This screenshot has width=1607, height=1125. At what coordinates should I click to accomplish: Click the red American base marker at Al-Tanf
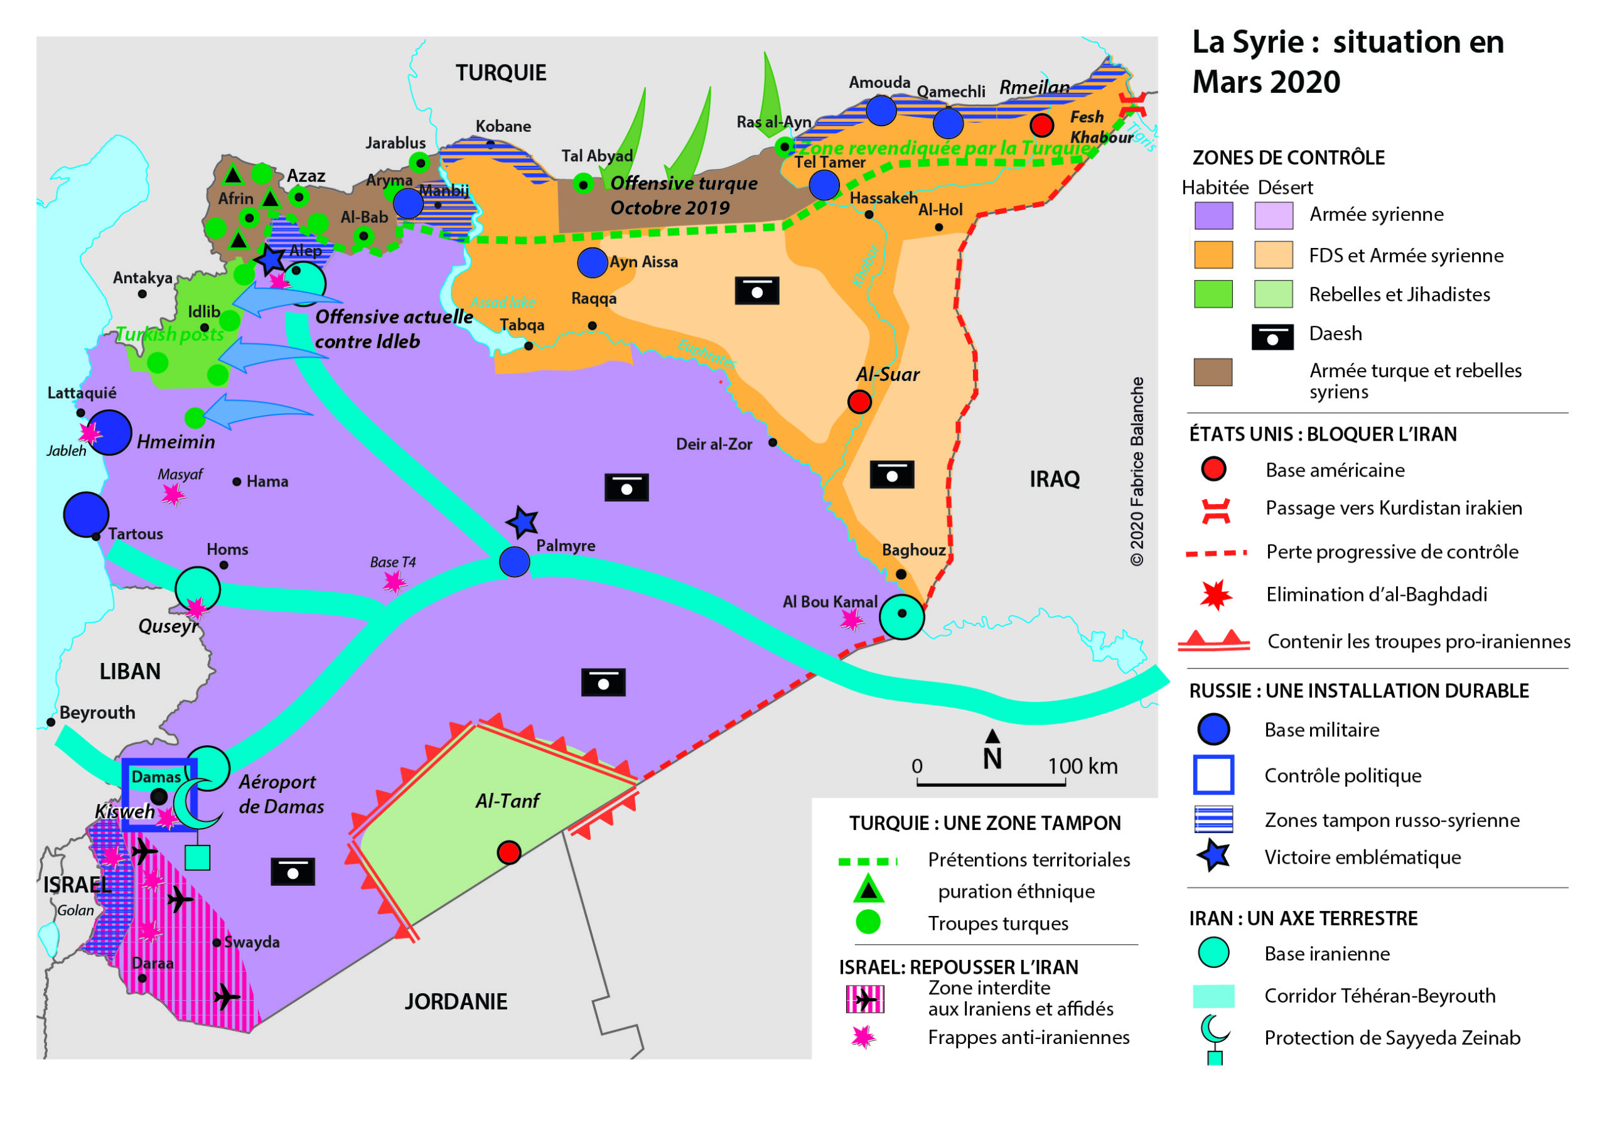click(x=509, y=853)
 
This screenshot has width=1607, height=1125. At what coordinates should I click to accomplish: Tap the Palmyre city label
click(x=566, y=546)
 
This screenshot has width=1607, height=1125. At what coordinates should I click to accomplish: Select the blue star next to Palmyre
click(x=522, y=522)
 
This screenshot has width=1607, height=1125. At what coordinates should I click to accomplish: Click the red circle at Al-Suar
click(x=859, y=402)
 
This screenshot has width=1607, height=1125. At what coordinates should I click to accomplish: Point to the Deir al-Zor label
click(x=714, y=444)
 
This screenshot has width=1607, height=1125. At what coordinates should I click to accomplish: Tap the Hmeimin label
click(x=176, y=442)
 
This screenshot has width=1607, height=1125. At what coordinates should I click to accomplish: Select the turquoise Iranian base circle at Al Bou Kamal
click(x=901, y=616)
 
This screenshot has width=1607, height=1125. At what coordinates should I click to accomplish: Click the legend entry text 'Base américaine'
click(x=1335, y=470)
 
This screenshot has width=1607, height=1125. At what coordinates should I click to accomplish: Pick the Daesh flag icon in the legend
click(x=1272, y=336)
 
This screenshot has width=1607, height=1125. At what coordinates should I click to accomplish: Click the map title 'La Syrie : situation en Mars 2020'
click(x=1347, y=62)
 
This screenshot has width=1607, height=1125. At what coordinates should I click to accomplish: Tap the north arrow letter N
click(x=992, y=759)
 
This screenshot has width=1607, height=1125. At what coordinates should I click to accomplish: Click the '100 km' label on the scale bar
click(x=1082, y=766)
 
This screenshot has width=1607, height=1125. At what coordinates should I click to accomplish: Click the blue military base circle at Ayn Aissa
click(x=592, y=262)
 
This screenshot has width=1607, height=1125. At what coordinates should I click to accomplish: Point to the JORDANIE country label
click(x=456, y=1001)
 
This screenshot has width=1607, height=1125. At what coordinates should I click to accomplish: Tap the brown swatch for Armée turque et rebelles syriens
click(x=1212, y=372)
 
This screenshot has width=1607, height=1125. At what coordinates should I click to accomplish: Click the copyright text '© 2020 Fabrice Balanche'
click(x=1137, y=471)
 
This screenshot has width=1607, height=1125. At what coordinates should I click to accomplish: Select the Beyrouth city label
click(x=97, y=712)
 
